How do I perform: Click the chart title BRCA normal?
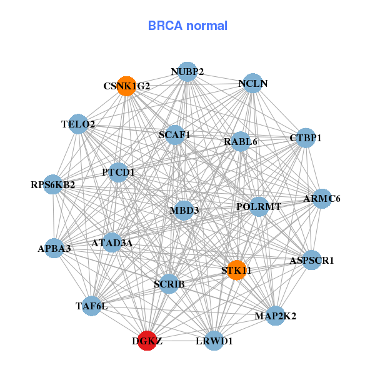tap(187, 26)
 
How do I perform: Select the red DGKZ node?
tap(147, 341)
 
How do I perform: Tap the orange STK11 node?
tap(236, 270)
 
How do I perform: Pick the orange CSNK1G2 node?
tap(127, 86)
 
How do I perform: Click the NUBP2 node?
tap(187, 72)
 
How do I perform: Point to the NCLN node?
tap(252, 83)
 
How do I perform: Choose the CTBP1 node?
tap(305, 137)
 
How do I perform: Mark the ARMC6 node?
tap(322, 199)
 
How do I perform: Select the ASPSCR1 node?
tap(311, 260)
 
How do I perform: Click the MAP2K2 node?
tap(276, 315)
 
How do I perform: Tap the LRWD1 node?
tap(214, 341)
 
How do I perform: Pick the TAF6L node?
tap(92, 306)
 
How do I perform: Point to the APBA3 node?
tap(54, 248)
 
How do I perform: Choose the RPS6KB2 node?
tap(53, 184)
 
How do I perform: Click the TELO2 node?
tap(78, 124)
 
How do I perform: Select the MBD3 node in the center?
tap(184, 210)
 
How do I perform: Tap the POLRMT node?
tap(259, 206)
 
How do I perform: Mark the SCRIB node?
tap(169, 284)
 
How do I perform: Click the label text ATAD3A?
tap(112, 242)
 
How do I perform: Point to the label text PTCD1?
tap(118, 172)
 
